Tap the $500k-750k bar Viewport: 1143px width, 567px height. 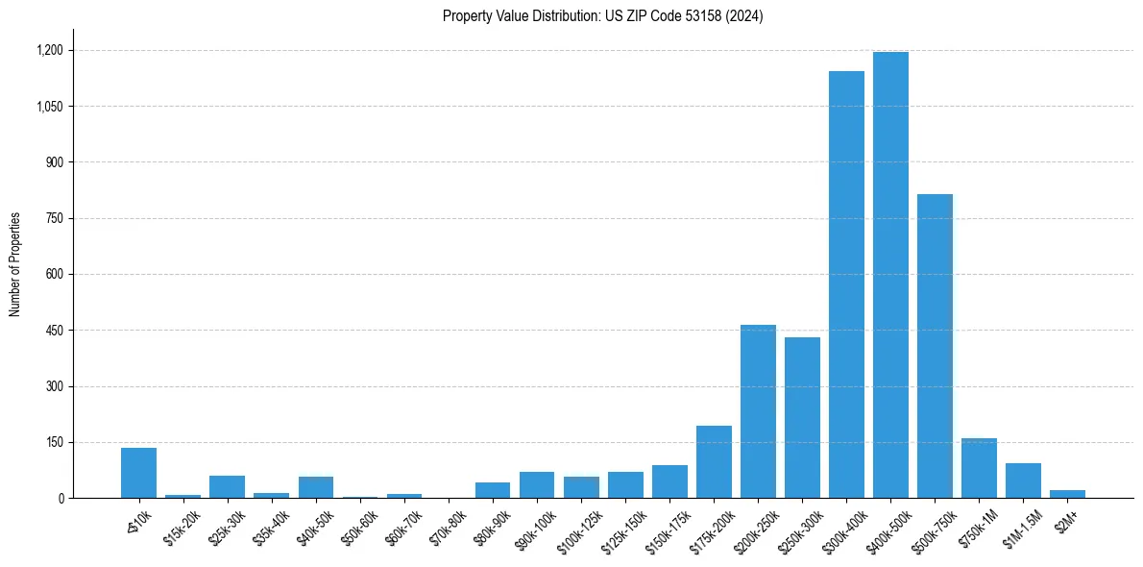coord(935,346)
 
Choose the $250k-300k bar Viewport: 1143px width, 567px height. coord(802,418)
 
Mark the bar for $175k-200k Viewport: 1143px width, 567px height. coord(714,462)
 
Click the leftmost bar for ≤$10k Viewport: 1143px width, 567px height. coord(138,473)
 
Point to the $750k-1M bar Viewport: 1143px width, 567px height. coord(979,468)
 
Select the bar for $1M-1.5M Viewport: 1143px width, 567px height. coord(1023,481)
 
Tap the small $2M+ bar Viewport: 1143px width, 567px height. coord(1067,494)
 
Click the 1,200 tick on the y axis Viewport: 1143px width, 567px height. coord(49,50)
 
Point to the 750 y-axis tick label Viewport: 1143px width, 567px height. coord(53,218)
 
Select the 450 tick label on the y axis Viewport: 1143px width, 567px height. coord(53,331)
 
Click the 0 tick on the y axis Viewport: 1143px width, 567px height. coord(61,498)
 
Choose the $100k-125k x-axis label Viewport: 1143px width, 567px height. coord(579,528)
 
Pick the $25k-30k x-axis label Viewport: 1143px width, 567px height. coord(228,525)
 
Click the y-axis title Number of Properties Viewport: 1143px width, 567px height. coord(14,264)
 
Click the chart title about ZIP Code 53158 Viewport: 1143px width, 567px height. coord(602,15)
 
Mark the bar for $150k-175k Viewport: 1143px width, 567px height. coord(669,481)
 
